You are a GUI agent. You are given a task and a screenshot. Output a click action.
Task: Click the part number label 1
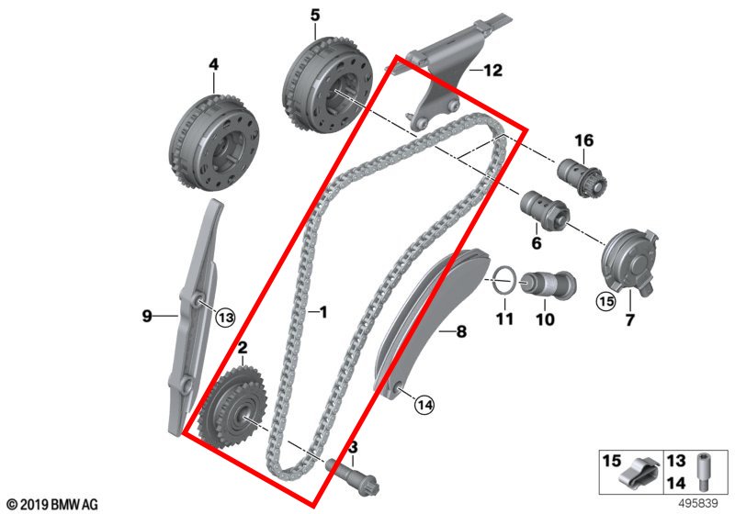point(323,313)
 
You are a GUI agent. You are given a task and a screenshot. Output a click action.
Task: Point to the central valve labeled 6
point(543,210)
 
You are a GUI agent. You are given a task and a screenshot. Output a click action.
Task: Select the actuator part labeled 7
point(626,259)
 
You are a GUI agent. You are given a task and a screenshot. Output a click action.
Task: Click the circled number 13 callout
point(226,317)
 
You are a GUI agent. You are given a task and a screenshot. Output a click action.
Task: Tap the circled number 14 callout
point(424,402)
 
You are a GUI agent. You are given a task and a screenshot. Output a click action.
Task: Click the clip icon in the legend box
point(637,475)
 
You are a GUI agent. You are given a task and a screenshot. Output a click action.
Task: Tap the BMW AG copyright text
point(51,503)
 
